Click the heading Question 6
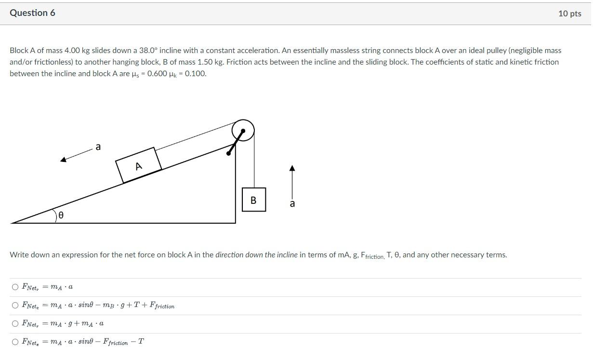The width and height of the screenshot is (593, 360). point(32,13)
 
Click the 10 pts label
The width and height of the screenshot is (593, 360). point(569,13)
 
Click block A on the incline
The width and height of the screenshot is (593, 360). point(138,165)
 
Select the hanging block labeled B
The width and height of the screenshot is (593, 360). point(253,200)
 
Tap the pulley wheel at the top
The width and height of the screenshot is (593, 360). point(243,130)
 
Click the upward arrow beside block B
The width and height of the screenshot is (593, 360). point(291,181)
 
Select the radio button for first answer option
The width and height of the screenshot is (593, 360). point(15,287)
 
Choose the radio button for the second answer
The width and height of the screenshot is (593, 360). point(15,305)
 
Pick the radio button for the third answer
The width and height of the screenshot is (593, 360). point(15,323)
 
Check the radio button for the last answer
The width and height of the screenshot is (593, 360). point(15,342)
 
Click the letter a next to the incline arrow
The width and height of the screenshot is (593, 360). point(98,147)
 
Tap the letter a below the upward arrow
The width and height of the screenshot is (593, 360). point(292,204)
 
